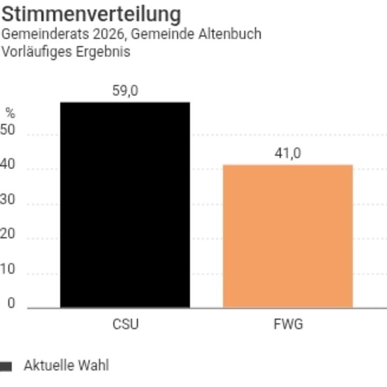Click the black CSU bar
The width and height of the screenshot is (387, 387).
coord(125,204)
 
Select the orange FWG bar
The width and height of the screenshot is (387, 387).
coord(288,236)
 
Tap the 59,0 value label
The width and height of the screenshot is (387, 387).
coord(125,91)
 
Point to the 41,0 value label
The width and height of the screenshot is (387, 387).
coord(288,154)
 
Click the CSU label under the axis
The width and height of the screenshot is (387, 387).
coord(125,325)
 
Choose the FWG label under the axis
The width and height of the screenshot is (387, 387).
coord(288,325)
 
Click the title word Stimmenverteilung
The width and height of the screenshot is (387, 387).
coord(91,14)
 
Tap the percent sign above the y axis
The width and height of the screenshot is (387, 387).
coord(10,113)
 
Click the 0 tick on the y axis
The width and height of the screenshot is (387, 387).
coord(11,304)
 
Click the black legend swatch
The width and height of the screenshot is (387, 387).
coord(5,367)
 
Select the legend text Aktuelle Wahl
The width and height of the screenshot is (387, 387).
coord(66,366)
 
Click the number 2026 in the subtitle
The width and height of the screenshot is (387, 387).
coord(112,34)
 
